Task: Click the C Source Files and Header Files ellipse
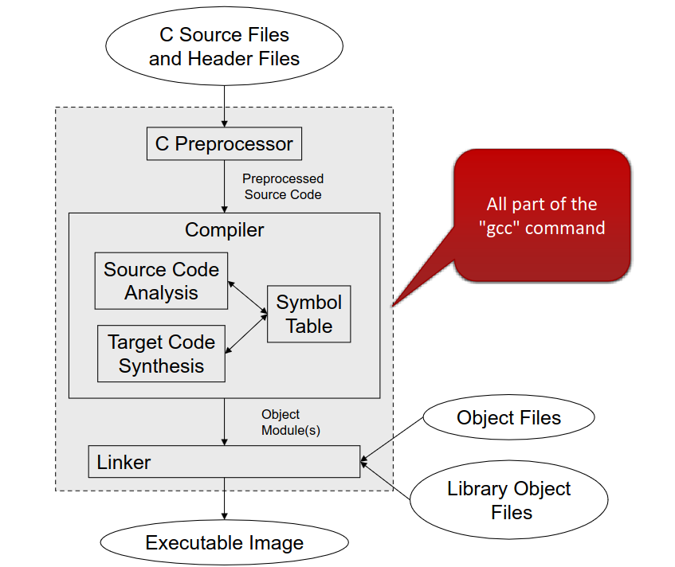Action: [224, 46]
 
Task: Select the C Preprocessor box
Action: [224, 144]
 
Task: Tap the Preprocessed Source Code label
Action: [283, 186]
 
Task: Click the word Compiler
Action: [224, 230]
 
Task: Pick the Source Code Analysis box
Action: [161, 280]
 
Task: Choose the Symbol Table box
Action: [308, 314]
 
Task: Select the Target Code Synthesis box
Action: [161, 354]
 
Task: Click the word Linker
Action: [124, 462]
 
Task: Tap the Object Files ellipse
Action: [508, 418]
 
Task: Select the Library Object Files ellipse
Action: [508, 500]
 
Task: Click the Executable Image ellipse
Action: [224, 543]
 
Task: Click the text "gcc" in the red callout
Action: [502, 229]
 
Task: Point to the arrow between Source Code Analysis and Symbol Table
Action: [247, 295]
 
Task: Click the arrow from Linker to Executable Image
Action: [224, 499]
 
